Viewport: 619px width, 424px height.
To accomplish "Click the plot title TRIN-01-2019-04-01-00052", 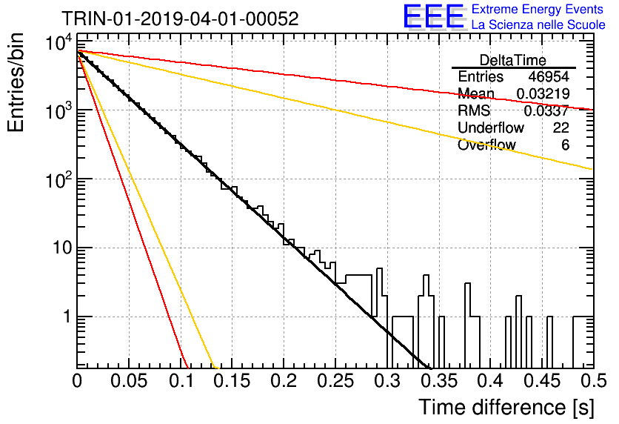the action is click(180, 19).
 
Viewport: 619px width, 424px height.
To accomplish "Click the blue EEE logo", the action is click(434, 16).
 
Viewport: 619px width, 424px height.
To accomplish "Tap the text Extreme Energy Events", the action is click(538, 9).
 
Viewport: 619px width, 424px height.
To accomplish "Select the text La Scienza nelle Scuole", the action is click(538, 24).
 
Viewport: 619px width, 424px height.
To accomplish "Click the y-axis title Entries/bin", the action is click(16, 82).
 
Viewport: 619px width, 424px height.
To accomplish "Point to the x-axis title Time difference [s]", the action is click(506, 408).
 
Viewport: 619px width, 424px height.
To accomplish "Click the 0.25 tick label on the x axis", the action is click(335, 381).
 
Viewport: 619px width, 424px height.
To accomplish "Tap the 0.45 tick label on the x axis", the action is click(542, 381).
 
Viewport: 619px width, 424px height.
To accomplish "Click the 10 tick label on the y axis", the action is click(62, 248).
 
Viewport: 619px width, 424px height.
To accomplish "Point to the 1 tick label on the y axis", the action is click(67, 317).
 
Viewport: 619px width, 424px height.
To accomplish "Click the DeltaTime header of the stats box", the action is click(513, 60).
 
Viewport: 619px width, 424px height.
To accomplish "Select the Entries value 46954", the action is click(549, 76).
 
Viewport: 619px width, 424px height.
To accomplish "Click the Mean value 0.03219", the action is click(543, 93).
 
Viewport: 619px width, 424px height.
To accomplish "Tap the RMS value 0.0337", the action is click(546, 110).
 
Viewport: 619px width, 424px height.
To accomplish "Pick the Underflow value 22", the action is click(561, 127).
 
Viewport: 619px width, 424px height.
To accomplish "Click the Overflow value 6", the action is click(565, 145).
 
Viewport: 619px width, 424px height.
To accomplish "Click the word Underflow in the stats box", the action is click(491, 127).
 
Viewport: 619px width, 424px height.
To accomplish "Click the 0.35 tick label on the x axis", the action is click(438, 381).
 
